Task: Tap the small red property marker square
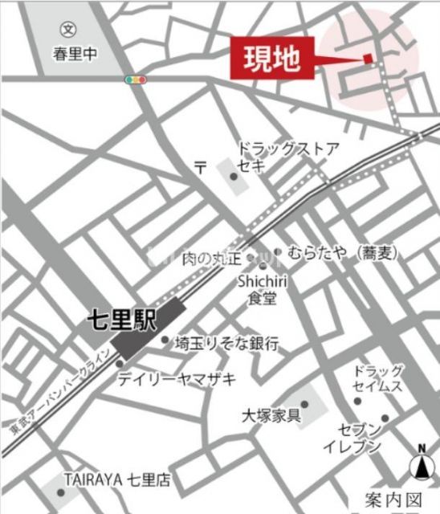click(368, 58)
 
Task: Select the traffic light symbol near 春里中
click(136, 80)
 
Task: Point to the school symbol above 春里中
click(68, 27)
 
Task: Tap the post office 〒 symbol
click(202, 166)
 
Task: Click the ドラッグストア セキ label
click(287, 157)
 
